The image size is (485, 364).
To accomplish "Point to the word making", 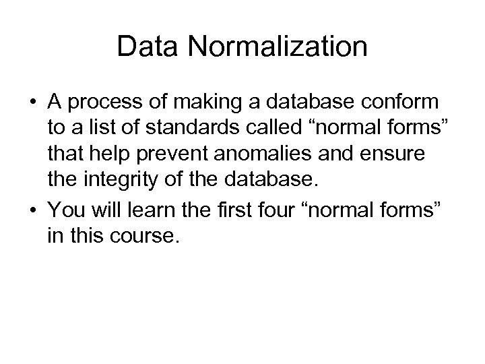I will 196,103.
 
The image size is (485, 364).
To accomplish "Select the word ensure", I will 397,154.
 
